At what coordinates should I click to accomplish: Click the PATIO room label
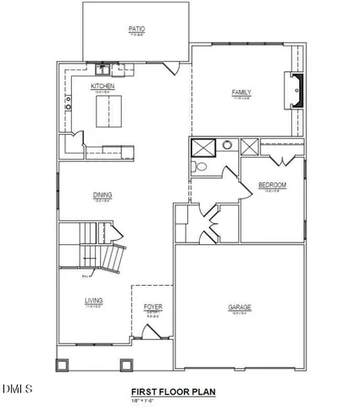[x=136, y=29]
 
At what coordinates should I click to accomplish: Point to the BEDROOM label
[x=272, y=185]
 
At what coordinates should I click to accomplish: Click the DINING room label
[x=102, y=195]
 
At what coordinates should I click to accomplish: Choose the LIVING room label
[x=93, y=300]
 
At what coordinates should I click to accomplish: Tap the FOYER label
[x=152, y=306]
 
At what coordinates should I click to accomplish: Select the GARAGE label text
[x=240, y=307]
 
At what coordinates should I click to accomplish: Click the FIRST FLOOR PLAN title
[x=173, y=392]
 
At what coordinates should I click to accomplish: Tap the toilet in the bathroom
[x=202, y=167]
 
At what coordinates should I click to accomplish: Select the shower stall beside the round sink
[x=203, y=147]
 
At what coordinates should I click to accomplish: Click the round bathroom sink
[x=227, y=146]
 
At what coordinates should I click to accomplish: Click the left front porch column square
[x=63, y=366]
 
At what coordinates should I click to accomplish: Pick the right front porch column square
[x=126, y=366]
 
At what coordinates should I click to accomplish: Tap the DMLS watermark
[x=16, y=389]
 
